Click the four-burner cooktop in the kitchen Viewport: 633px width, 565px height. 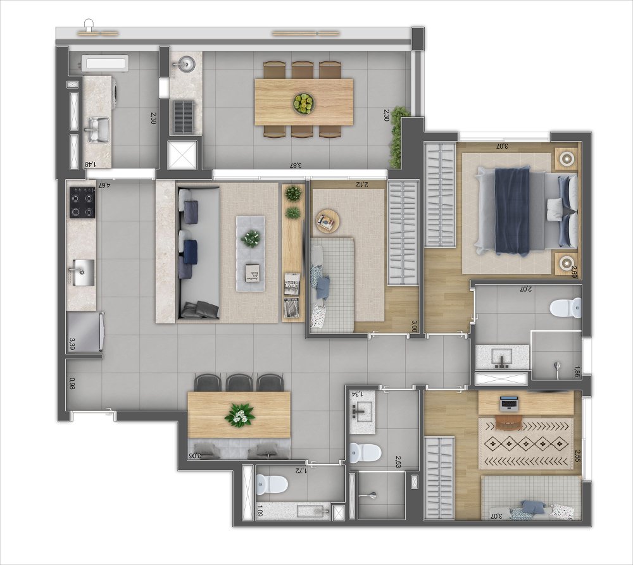[82, 203]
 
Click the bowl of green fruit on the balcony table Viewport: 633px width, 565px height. [304, 102]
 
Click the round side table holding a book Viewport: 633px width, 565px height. [328, 221]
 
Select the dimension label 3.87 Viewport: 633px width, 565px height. [295, 166]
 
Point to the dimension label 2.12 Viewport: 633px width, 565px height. [361, 185]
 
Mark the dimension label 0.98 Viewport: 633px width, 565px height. [73, 383]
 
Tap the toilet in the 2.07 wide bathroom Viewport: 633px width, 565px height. [565, 308]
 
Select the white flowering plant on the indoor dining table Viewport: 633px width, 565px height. [240, 414]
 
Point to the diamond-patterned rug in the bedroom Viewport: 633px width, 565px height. [525, 443]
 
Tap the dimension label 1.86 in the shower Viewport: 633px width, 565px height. [577, 372]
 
